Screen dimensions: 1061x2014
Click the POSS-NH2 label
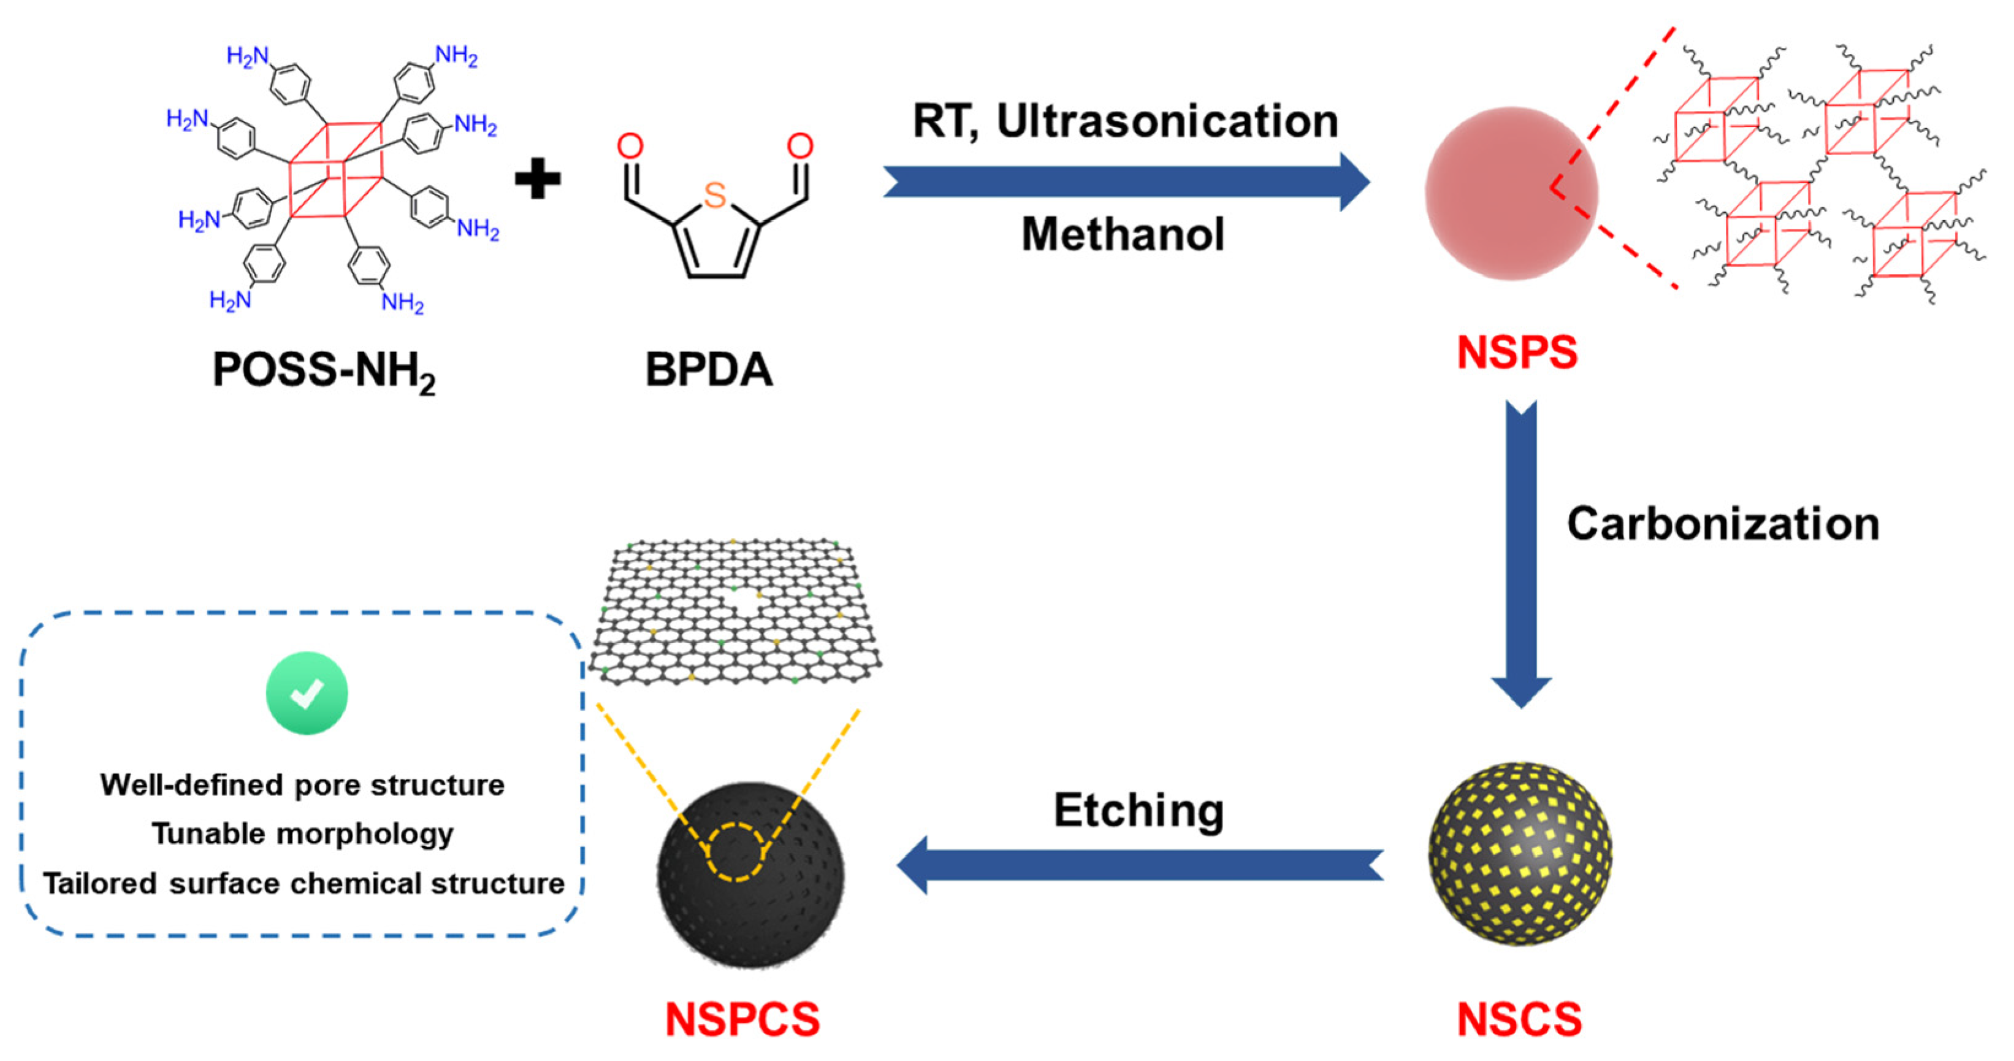click(324, 370)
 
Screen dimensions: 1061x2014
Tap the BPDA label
click(708, 370)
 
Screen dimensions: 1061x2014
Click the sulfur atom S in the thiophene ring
click(715, 194)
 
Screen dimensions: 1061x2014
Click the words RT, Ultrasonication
click(1125, 121)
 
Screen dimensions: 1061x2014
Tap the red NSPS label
click(1517, 352)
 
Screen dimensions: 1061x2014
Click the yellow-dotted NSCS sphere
click(1520, 853)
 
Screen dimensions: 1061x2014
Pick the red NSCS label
click(1519, 1019)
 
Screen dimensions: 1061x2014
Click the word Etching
click(1139, 810)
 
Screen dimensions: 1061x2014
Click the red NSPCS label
click(742, 1019)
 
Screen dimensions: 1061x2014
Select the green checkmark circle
click(307, 693)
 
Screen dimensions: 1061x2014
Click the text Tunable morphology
click(303, 833)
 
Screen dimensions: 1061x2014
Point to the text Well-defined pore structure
click(303, 784)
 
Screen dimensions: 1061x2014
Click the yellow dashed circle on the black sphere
click(736, 852)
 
